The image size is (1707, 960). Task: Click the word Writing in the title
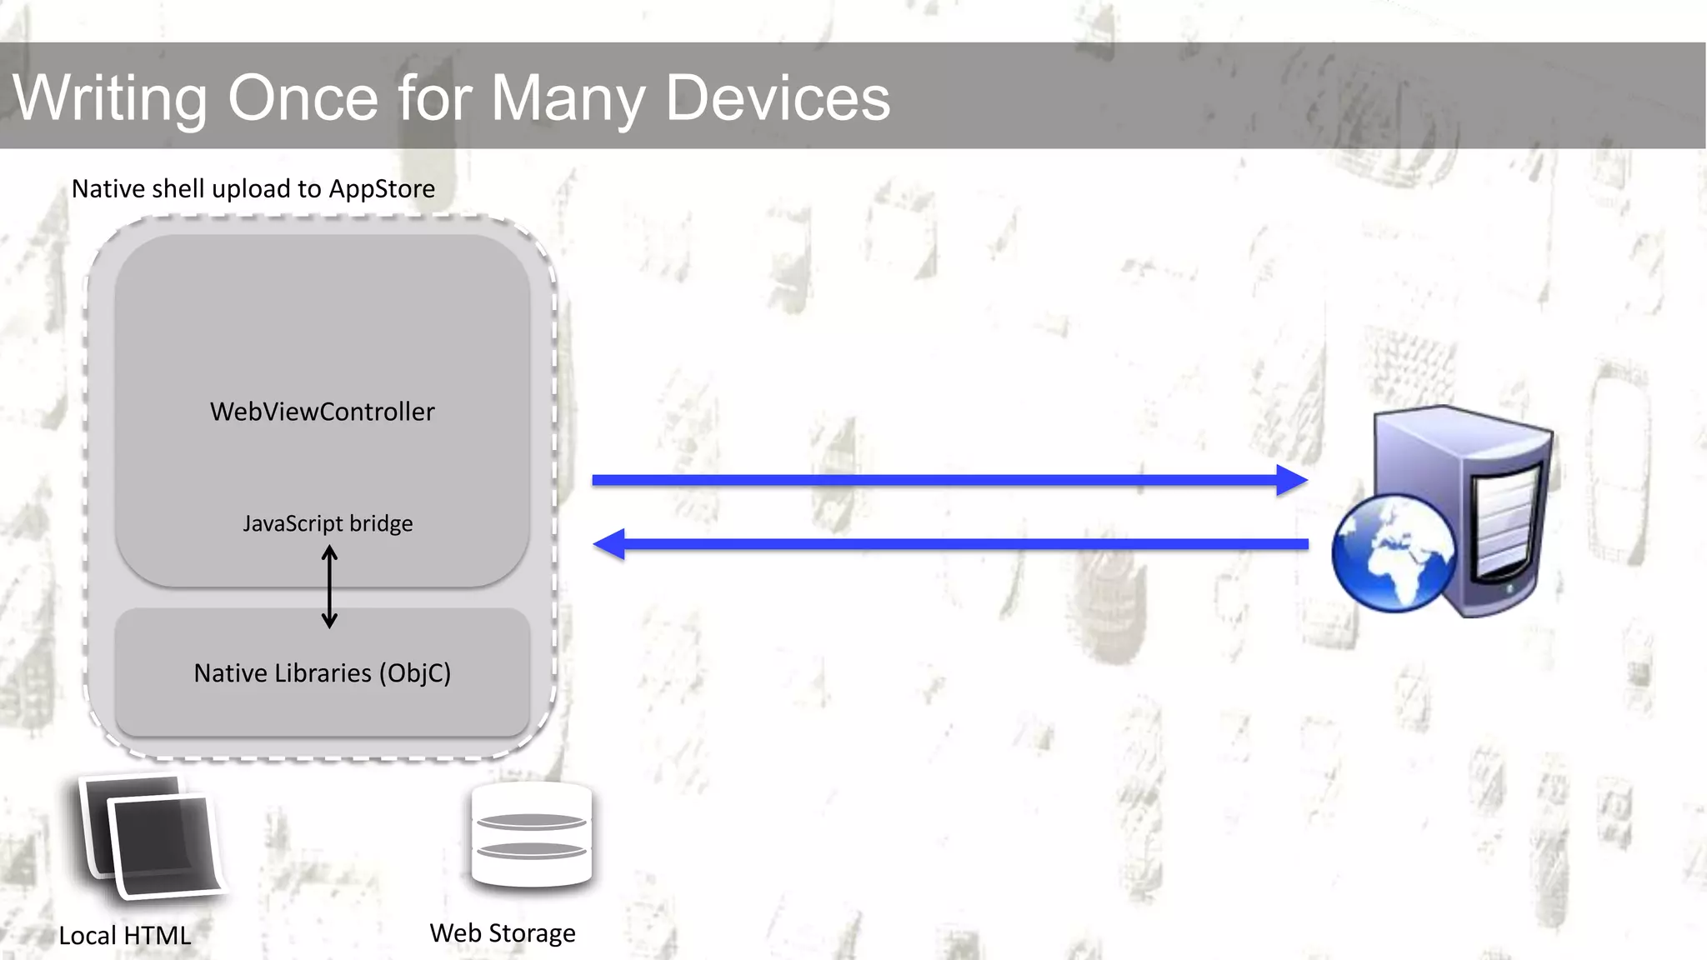pyautogui.click(x=109, y=98)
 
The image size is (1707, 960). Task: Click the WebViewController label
pyautogui.click(x=322, y=412)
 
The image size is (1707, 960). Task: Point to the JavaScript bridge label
pyautogui.click(x=328, y=523)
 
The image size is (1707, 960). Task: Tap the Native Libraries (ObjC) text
pyautogui.click(x=322, y=672)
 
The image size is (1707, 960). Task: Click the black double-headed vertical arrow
pyautogui.click(x=329, y=587)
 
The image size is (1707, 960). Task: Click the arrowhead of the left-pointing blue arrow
pyautogui.click(x=609, y=544)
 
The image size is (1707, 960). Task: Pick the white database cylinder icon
pyautogui.click(x=531, y=835)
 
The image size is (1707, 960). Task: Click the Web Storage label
pyautogui.click(x=502, y=932)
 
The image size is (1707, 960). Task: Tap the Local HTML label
pyautogui.click(x=125, y=935)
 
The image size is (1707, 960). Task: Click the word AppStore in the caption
pyautogui.click(x=381, y=189)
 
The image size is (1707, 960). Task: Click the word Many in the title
pyautogui.click(x=568, y=98)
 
